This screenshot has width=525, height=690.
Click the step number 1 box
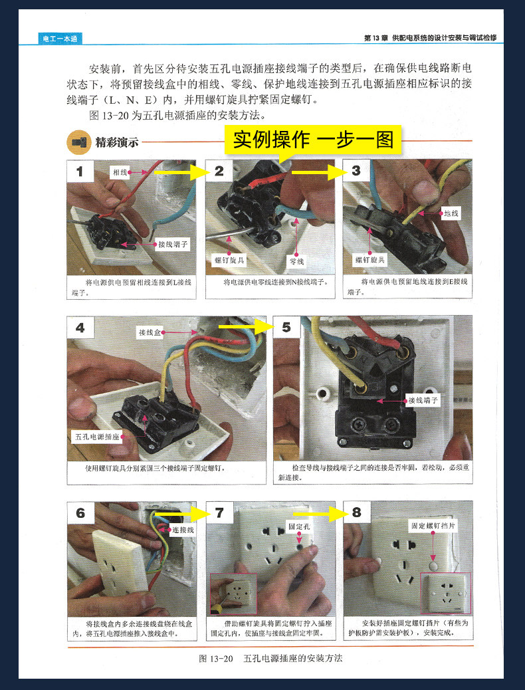[x=80, y=172]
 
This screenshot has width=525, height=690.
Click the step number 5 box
[x=286, y=328]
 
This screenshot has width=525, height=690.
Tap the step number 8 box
[x=356, y=513]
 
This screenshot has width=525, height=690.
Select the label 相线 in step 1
[x=120, y=172]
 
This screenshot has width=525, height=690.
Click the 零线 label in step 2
[x=297, y=261]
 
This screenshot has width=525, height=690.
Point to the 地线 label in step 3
[x=451, y=213]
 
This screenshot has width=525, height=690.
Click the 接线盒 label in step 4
[x=150, y=332]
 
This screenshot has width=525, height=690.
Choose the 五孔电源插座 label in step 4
[x=97, y=437]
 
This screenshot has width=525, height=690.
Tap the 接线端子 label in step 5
[x=423, y=400]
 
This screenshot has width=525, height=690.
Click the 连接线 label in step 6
[x=183, y=530]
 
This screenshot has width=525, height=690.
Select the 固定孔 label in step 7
[x=299, y=526]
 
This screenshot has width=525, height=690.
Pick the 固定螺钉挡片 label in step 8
[x=433, y=525]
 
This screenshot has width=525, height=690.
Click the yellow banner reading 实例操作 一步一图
[x=313, y=140]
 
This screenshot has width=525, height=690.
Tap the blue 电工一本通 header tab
[x=60, y=39]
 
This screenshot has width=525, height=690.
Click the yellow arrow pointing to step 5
[x=246, y=327]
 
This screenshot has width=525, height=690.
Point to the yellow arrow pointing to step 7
[x=181, y=513]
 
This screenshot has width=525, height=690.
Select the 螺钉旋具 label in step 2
[x=229, y=261]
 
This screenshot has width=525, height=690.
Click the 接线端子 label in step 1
[x=173, y=244]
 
